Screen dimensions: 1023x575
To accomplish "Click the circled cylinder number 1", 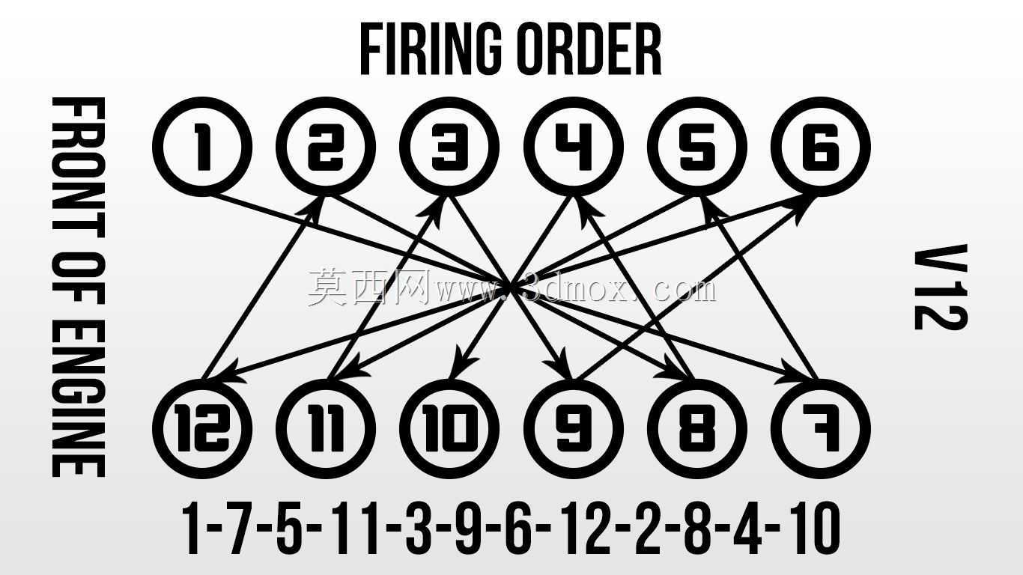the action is (202, 147).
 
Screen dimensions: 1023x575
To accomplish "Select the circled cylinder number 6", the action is (821, 147).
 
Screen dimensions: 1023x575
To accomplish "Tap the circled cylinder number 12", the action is (202, 429).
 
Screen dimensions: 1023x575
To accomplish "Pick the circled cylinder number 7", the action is (821, 429).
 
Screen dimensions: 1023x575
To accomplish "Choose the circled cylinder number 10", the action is (449, 429).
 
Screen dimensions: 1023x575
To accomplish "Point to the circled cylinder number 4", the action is (573, 147).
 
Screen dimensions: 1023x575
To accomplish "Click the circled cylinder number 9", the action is (573, 429).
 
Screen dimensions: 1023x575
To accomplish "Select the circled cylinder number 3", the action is (449, 147).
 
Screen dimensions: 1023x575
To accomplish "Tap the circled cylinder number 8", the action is (697, 429).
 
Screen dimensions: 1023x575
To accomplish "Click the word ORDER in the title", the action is (592, 49).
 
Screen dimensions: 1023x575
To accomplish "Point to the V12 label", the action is (941, 287).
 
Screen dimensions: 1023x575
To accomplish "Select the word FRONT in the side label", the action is (79, 174).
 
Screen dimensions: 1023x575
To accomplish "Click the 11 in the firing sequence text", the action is (355, 528).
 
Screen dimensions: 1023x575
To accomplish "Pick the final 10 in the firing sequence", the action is (816, 528).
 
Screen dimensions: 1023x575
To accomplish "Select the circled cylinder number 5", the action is (697, 147).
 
